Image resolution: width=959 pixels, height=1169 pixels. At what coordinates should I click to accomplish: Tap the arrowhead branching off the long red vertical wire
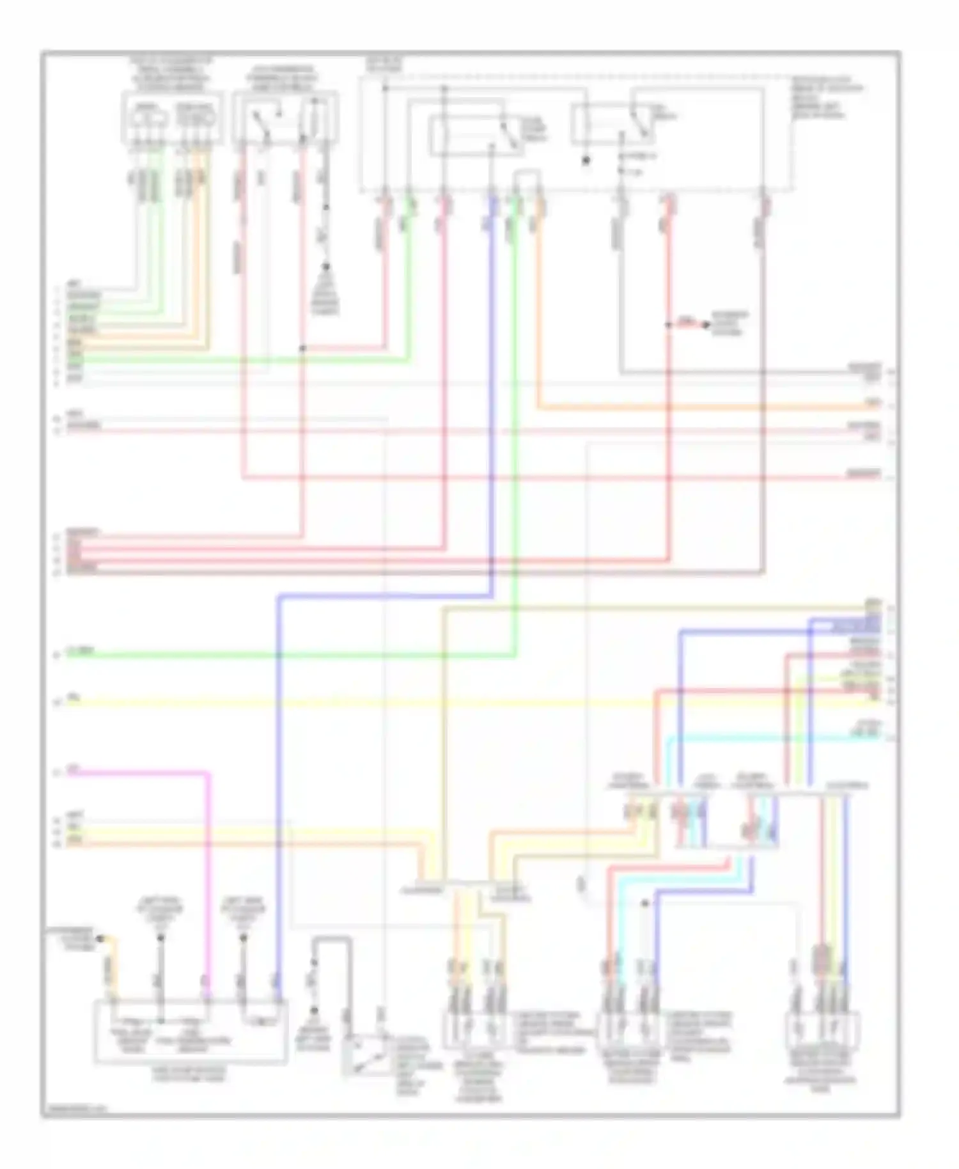[x=706, y=325]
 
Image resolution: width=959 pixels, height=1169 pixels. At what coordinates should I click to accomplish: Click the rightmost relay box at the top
[x=612, y=125]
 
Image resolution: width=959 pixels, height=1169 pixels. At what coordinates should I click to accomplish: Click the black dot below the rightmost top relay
[x=586, y=161]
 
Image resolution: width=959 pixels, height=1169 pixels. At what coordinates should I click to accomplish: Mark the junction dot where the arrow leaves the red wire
[x=669, y=325]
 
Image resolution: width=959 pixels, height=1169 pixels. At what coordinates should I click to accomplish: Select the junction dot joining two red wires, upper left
[x=303, y=348]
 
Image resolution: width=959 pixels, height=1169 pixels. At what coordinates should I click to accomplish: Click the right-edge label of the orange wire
[x=872, y=404]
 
